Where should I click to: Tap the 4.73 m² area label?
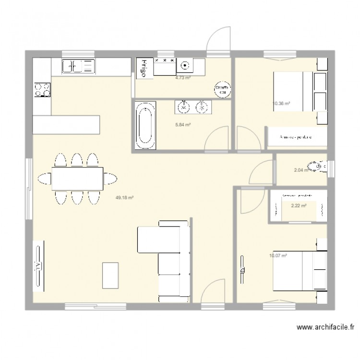point(182,77)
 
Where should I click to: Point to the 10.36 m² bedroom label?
point(281,103)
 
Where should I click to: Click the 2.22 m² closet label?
point(299,205)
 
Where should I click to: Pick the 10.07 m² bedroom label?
point(278,256)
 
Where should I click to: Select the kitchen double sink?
point(78,66)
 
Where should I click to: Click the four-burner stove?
point(42,89)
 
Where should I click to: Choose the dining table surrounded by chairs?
point(77,178)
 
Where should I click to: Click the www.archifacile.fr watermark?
point(325,327)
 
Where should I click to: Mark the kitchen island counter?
point(66,125)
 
